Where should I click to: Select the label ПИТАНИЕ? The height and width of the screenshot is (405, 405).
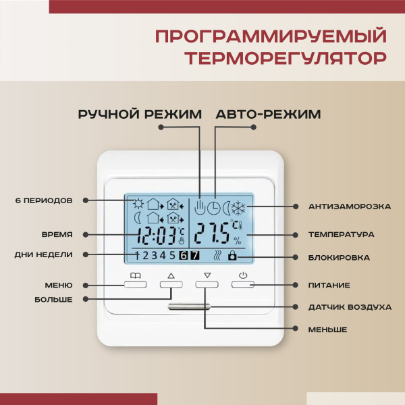click(x=330, y=285)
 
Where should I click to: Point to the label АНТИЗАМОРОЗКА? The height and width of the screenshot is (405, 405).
click(x=349, y=205)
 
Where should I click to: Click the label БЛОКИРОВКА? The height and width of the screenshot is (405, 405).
click(x=340, y=257)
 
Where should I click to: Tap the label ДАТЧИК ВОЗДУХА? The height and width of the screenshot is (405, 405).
click(x=350, y=307)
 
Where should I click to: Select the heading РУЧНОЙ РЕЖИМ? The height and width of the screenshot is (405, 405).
click(x=140, y=114)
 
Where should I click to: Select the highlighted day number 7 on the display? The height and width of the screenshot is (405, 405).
click(x=194, y=255)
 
